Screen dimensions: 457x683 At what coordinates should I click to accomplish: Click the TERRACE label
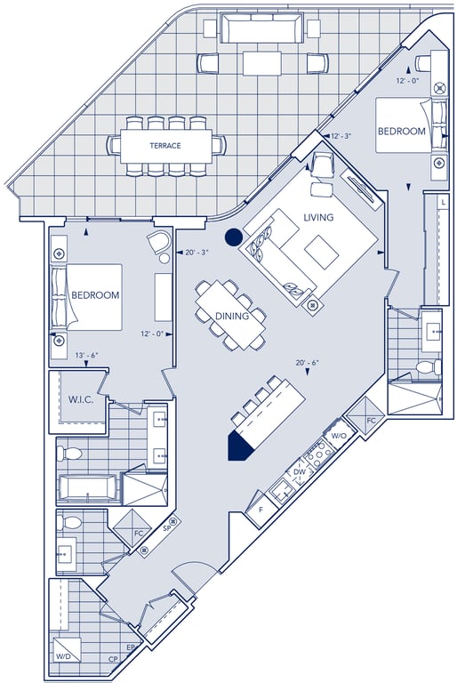[x=165, y=146]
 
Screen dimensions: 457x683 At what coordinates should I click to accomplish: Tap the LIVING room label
[x=318, y=217]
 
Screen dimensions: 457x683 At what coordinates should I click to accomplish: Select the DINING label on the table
[x=232, y=316]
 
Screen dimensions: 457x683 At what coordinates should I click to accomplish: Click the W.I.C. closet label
[x=81, y=399]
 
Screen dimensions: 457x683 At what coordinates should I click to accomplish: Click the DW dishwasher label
[x=300, y=471]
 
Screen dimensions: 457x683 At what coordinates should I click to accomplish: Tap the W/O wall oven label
[x=339, y=436]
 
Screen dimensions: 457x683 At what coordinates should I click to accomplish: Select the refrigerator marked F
[x=261, y=510]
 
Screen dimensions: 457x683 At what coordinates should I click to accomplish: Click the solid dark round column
[x=234, y=237]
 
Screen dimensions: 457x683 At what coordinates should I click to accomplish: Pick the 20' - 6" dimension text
[x=307, y=363]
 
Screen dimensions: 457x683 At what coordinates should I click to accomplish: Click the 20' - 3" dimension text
[x=196, y=253]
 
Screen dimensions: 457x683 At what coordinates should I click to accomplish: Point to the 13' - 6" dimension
[x=86, y=356]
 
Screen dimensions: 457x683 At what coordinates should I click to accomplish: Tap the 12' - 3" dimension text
[x=341, y=136]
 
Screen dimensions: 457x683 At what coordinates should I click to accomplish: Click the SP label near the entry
[x=165, y=527]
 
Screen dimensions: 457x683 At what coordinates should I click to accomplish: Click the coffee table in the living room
[x=322, y=252]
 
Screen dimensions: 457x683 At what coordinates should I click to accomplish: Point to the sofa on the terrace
[x=261, y=28]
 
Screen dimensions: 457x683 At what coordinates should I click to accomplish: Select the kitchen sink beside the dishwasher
[x=281, y=490]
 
